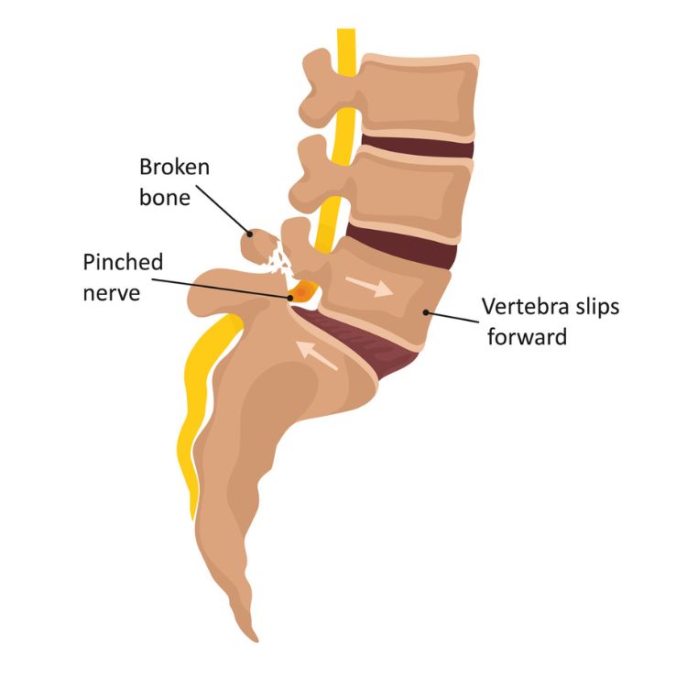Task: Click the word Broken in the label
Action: point(174,167)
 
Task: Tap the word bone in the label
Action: point(165,197)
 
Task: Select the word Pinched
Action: point(123,262)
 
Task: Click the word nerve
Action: point(112,293)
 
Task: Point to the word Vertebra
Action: point(525,306)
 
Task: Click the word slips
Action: point(597,306)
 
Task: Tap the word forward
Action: point(527,336)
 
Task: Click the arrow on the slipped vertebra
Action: point(369,287)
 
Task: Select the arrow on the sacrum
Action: point(316,354)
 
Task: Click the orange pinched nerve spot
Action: point(302,291)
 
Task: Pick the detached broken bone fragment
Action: point(259,246)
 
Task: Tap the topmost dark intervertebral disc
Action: point(417,146)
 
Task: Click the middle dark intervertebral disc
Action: point(403,246)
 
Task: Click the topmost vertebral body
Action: point(419,94)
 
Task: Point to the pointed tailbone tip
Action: point(255,638)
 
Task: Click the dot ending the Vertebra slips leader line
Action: point(425,312)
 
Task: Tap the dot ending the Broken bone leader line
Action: point(250,234)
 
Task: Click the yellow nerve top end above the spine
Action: point(346,30)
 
